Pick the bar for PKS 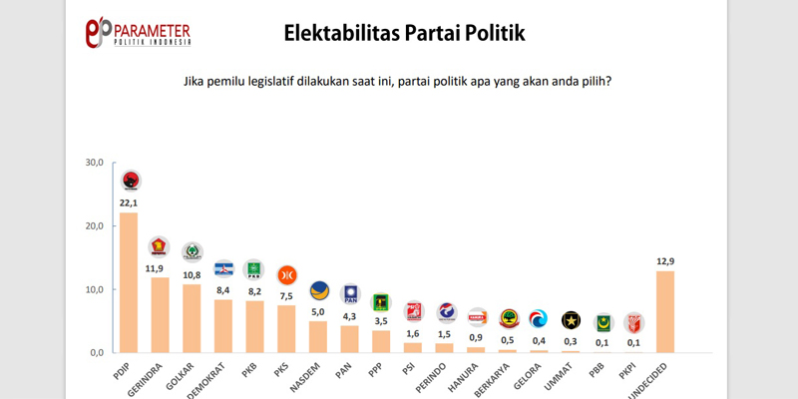pos(285,328)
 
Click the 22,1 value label pos(129,203)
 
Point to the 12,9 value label pos(665,261)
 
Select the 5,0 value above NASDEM pos(317,311)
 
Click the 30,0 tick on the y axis pos(94,163)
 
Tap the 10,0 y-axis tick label pos(94,289)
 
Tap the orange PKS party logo pos(285,274)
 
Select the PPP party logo pos(380,300)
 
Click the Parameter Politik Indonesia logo pos(139,32)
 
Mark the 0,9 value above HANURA pos(477,337)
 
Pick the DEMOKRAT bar pos(222,326)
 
